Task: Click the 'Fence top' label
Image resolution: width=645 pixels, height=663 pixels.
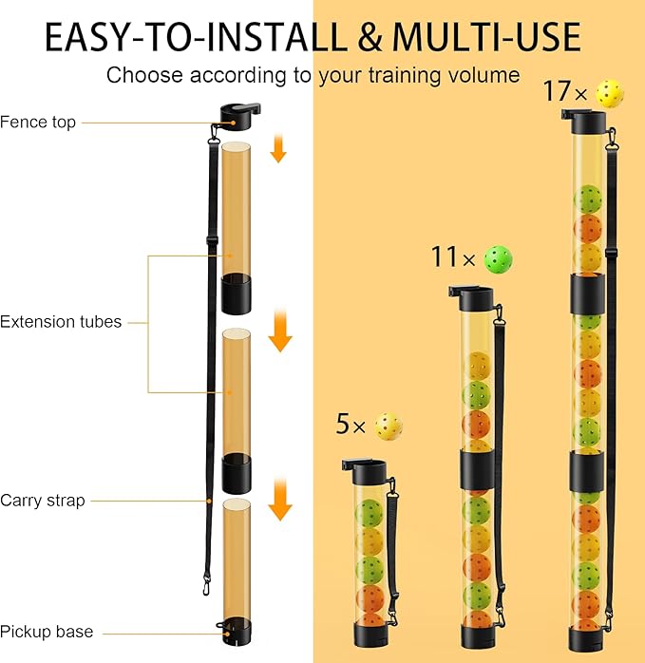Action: [38, 122]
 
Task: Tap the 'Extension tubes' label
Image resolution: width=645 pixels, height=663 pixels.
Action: [61, 322]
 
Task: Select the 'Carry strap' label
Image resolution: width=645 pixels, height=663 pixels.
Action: [43, 500]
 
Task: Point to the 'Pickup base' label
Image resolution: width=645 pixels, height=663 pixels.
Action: [47, 631]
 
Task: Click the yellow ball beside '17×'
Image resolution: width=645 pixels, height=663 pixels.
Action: [609, 92]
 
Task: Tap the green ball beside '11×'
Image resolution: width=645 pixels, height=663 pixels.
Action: [499, 257]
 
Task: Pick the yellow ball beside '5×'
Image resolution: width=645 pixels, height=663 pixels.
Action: [388, 426]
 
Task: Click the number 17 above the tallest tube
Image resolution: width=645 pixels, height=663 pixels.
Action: [555, 92]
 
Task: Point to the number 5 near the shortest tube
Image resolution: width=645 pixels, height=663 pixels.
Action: [342, 425]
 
